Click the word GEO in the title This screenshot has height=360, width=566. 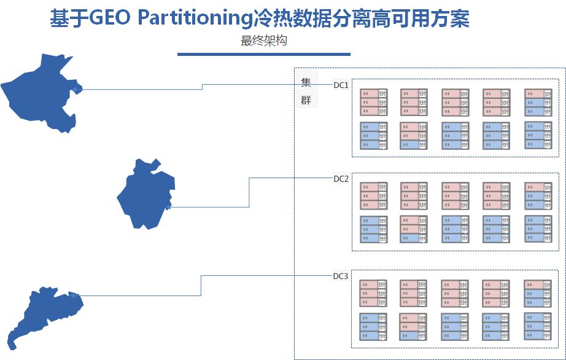[x=110, y=19]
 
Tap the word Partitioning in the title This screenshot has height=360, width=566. [x=192, y=19]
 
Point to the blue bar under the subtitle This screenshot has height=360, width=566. [x=263, y=54]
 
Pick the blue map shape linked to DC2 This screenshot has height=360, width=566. [x=145, y=194]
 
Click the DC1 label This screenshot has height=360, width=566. [x=341, y=85]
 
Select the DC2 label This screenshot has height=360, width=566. [x=341, y=179]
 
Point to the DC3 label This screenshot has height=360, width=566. [x=341, y=276]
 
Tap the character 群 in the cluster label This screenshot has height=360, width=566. [x=306, y=101]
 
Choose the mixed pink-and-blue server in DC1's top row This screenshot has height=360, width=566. [x=538, y=103]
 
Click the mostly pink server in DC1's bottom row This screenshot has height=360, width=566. [x=414, y=136]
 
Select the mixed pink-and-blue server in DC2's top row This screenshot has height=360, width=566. [x=538, y=196]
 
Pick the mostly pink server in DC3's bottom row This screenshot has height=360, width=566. [x=414, y=326]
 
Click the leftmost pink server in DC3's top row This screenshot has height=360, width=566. [x=373, y=293]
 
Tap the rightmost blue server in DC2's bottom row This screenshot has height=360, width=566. [x=538, y=229]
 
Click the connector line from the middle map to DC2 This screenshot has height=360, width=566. [x=249, y=190]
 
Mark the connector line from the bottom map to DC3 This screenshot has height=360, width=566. [x=201, y=286]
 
